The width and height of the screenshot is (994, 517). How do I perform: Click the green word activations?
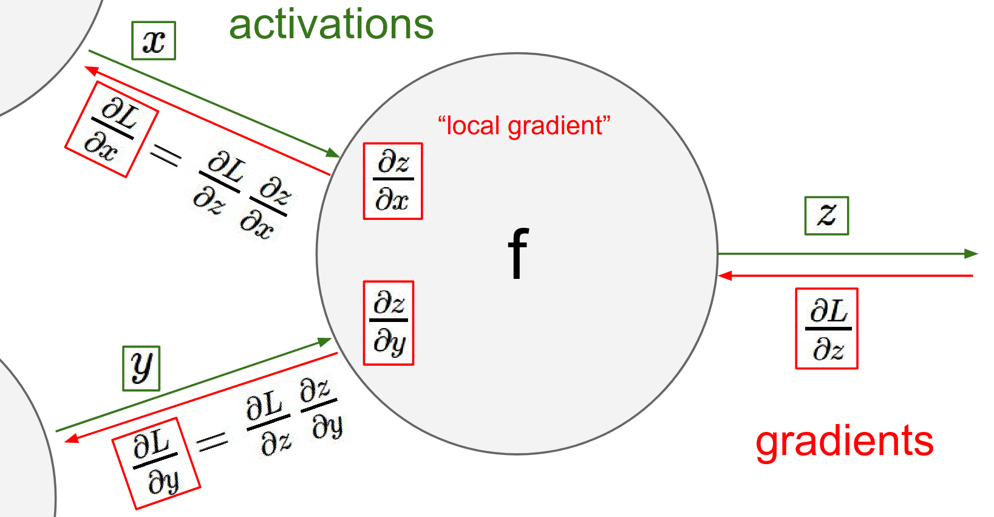331,26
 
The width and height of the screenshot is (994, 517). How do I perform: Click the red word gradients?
844,442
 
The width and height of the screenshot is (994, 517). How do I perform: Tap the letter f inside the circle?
518,253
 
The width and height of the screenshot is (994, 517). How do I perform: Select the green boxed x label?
154,41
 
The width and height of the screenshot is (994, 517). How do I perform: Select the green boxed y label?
141,368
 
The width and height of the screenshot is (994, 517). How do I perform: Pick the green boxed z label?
826,215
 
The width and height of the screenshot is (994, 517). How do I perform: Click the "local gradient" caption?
524,126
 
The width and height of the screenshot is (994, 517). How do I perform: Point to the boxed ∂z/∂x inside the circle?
393,181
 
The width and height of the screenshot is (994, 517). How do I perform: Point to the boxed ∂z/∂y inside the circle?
389,323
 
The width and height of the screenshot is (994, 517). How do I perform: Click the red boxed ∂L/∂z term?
826,329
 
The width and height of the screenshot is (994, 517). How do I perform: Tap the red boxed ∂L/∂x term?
112,129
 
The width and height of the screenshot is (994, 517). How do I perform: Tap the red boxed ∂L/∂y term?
156,463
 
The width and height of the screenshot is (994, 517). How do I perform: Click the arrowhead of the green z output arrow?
972,254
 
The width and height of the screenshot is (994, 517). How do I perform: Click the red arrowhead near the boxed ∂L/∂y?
72,438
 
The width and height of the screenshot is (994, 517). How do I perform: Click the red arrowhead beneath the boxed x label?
92,70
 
